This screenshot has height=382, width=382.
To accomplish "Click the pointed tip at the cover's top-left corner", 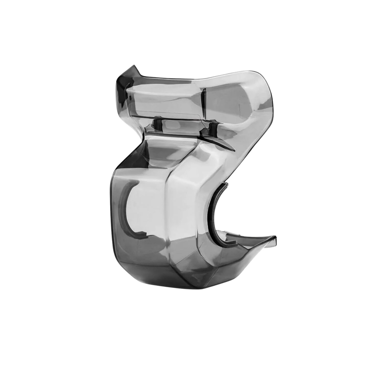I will point(133,67).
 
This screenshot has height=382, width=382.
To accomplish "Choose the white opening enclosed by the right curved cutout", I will point(242,211).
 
